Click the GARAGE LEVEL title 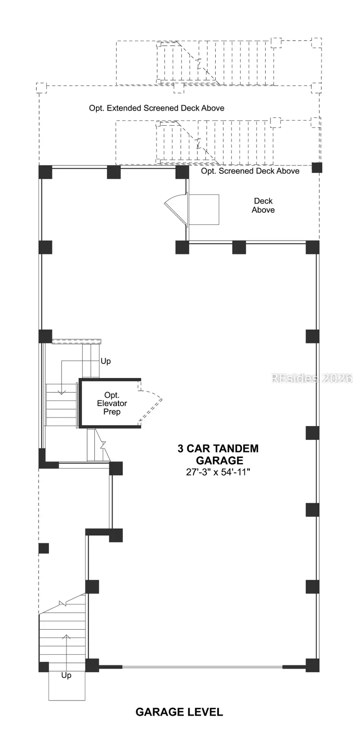pyautogui.click(x=179, y=712)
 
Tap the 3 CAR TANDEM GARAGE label pyautogui.click(x=218, y=454)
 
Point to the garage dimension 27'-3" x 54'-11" pyautogui.click(x=218, y=472)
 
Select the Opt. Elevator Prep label pyautogui.click(x=112, y=404)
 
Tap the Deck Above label pyautogui.click(x=263, y=206)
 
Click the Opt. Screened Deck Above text pyautogui.click(x=250, y=171)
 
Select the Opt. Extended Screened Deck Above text pyautogui.click(x=157, y=108)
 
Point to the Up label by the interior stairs pyautogui.click(x=106, y=361)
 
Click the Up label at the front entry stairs pyautogui.click(x=66, y=675)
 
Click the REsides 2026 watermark pyautogui.click(x=312, y=378)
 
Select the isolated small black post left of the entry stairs pyautogui.click(x=44, y=548)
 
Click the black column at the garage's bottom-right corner pyautogui.click(x=312, y=665)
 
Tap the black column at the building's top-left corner pyautogui.click(x=45, y=172)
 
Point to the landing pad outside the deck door pyautogui.click(x=203, y=210)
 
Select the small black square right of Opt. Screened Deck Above pyautogui.click(x=317, y=168)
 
